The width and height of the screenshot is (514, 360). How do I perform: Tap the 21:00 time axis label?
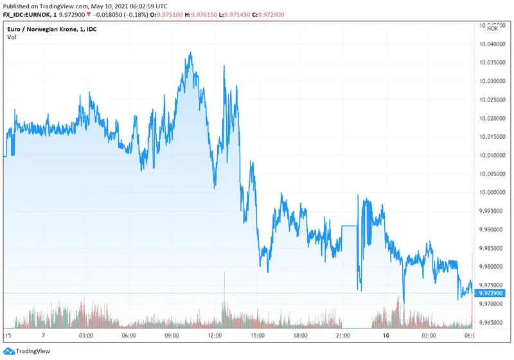tap(342, 336)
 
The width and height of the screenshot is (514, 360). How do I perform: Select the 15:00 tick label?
tap(257, 336)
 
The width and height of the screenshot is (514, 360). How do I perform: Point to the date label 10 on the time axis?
tap(385, 336)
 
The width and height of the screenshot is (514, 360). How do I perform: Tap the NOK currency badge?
tap(493, 28)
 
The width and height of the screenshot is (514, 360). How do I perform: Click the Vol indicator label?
tap(12, 37)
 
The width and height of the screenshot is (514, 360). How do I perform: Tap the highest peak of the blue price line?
tap(190, 53)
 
